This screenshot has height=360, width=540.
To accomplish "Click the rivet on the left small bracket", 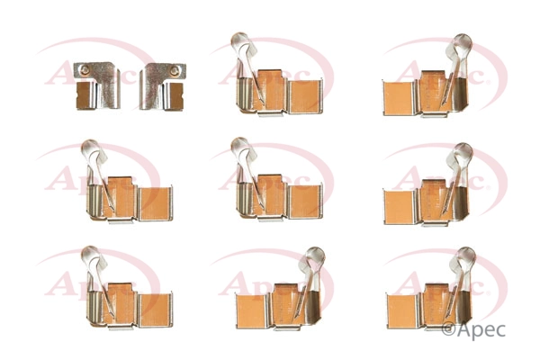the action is click(x=85, y=70).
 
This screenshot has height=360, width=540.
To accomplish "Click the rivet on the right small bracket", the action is click(x=175, y=71).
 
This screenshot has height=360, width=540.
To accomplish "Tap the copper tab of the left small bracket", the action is click(x=85, y=94).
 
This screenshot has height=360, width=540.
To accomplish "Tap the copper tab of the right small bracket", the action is click(x=175, y=95).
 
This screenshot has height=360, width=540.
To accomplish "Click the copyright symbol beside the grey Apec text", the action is click(x=448, y=329).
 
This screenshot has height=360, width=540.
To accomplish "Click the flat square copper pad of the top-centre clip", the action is click(x=305, y=96).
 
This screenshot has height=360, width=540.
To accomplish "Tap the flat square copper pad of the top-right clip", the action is click(x=399, y=98).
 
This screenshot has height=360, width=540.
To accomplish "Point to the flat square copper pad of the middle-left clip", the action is click(x=155, y=203).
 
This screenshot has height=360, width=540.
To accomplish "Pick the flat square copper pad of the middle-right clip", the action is click(x=400, y=207).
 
